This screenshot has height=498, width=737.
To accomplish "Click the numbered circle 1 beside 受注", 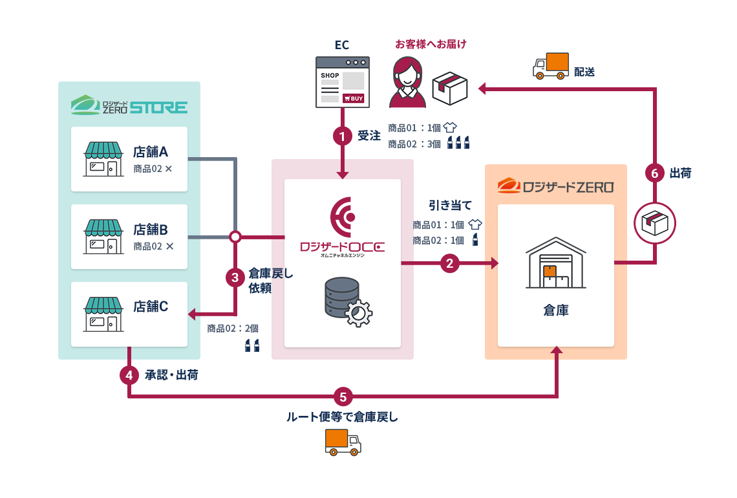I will point(343,136).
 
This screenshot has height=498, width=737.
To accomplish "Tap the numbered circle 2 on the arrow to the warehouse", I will point(450,263).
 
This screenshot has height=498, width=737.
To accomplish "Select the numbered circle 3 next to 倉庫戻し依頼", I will point(235,277).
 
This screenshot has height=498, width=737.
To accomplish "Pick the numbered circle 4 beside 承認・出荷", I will point(129,374).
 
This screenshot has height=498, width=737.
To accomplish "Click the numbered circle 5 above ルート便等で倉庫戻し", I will point(343,396).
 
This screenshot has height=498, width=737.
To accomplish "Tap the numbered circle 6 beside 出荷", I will point(655,173).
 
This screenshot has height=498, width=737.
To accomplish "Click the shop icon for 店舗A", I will point(103,159).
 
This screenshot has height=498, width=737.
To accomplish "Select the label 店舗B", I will point(151,229).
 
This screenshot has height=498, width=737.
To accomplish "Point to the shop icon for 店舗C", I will point(103,314).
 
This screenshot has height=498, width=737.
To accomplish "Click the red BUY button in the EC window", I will point(354,98).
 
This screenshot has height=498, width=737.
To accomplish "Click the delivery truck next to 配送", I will point(551,66).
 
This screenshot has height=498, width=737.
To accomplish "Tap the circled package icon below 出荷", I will point(655,223).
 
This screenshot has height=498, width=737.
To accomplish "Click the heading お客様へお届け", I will point(431,44).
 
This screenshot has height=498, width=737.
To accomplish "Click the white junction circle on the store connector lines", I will point(235,237).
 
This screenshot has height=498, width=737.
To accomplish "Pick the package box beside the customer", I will point(450,87).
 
